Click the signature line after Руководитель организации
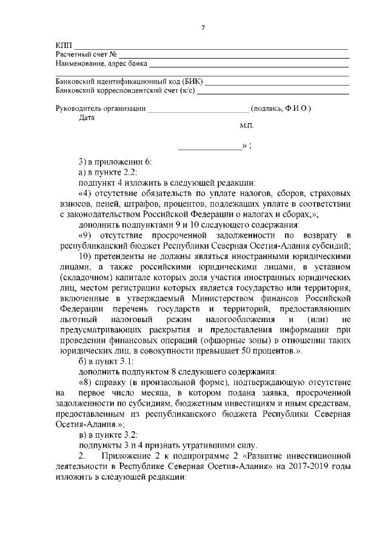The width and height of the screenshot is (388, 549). point(198,109)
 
